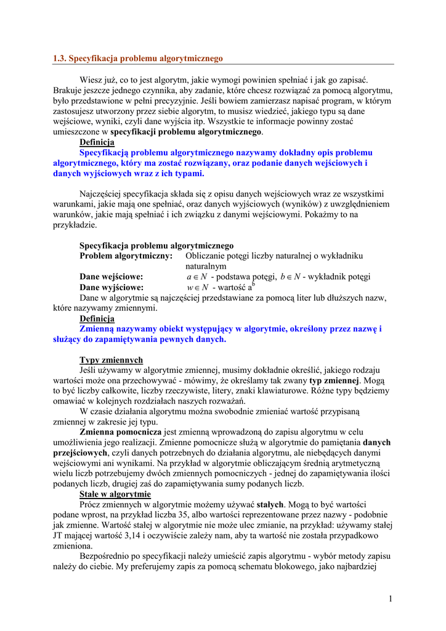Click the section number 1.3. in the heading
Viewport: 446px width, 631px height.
(59, 59)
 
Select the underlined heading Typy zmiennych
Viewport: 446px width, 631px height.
(111, 360)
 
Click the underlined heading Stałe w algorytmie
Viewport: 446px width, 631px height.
(115, 494)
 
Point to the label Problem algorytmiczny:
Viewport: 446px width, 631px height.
(126, 255)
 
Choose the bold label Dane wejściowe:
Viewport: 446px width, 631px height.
(111, 277)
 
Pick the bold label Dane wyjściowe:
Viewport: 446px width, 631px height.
(111, 287)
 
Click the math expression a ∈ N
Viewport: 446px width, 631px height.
(197, 277)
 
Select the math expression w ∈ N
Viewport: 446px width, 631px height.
(197, 287)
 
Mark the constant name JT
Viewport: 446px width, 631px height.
(59, 536)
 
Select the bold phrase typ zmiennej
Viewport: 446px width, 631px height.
(334, 380)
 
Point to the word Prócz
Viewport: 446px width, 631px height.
(91, 505)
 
